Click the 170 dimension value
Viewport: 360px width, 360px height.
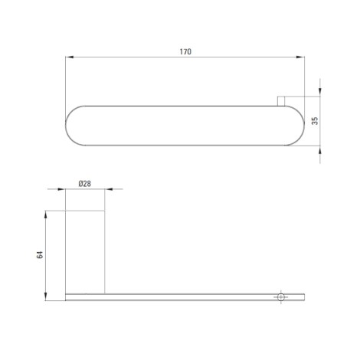[x=185, y=51]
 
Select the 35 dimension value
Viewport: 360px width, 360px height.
[x=315, y=120]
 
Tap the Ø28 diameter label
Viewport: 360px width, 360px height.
[x=84, y=184]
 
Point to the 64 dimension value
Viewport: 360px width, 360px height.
[x=40, y=255]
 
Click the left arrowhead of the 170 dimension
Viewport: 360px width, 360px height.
[x=70, y=57]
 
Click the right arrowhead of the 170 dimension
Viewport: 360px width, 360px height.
[x=300, y=57]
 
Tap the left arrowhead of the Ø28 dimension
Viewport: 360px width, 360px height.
[x=61, y=189]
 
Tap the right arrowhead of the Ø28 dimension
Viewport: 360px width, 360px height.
[x=109, y=189]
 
